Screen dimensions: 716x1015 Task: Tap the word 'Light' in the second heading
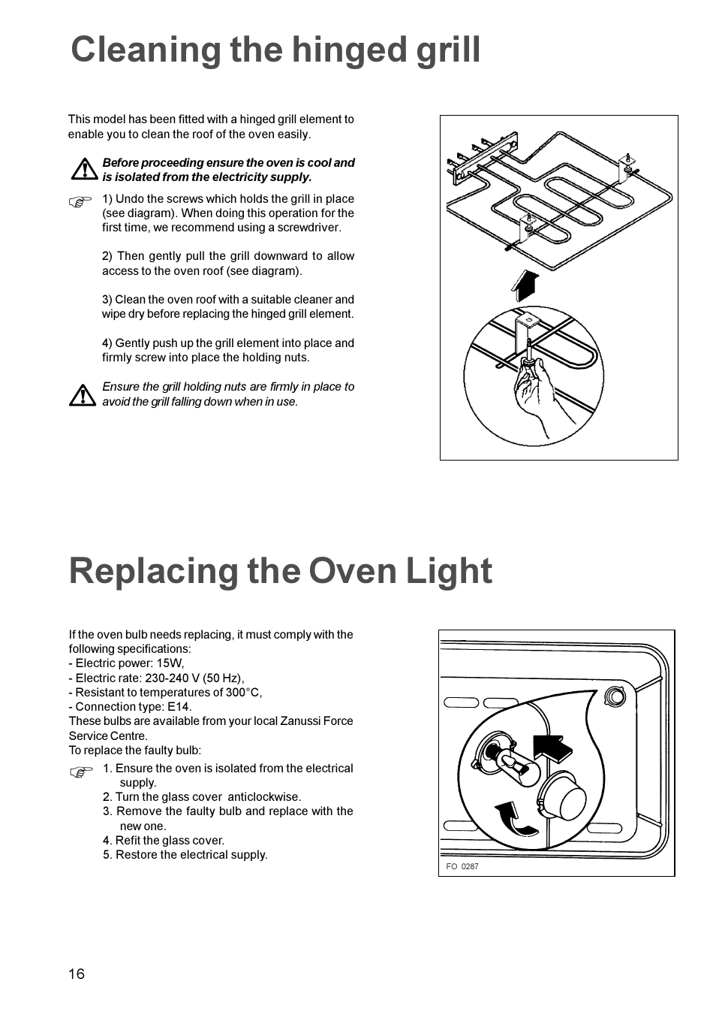click(x=449, y=572)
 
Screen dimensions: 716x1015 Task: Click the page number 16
click(x=77, y=974)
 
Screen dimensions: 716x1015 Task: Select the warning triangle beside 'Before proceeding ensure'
click(x=84, y=170)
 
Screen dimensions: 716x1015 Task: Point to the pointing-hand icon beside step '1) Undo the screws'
click(x=80, y=201)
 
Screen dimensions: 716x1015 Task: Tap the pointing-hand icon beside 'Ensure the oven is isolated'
click(x=81, y=772)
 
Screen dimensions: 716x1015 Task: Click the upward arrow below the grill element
click(x=525, y=285)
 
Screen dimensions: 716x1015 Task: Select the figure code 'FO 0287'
click(x=462, y=866)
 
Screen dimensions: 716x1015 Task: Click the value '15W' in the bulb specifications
click(x=170, y=663)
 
